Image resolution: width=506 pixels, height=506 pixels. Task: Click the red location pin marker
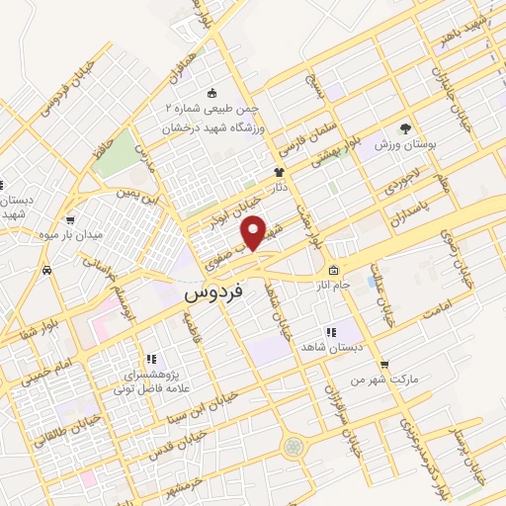point(254,231)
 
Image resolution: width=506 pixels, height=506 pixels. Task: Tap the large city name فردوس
point(211,294)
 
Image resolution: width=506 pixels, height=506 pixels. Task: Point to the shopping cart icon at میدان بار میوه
point(70,219)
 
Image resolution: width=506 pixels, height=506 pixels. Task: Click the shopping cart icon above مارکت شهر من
point(384,364)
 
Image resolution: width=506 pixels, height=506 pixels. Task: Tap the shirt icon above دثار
point(279,172)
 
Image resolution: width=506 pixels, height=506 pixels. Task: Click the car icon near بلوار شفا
point(46,270)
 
